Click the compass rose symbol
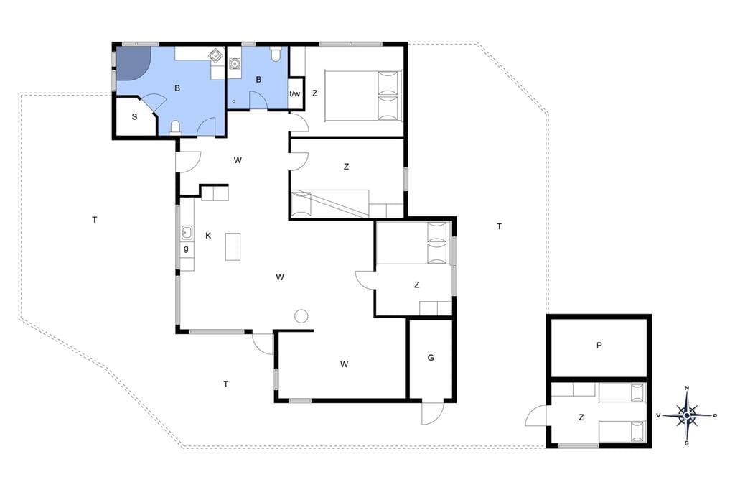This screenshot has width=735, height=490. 687,415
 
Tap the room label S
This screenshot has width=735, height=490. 134,117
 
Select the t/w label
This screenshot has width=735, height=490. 295,93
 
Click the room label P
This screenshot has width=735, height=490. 599,346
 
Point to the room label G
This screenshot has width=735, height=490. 431,358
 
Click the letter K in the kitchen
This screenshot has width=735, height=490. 208,236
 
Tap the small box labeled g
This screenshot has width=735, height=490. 186,249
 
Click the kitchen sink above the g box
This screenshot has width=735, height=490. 187,232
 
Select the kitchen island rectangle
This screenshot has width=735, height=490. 233,246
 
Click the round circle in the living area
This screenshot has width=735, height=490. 301,316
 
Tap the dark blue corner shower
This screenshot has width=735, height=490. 132,62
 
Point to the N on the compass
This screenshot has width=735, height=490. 687,388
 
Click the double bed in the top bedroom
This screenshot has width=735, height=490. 363,96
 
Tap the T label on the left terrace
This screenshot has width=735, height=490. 95,220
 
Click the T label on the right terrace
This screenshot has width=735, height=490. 500,227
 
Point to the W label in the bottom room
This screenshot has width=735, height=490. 344,364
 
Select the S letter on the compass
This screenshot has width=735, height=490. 687,443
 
